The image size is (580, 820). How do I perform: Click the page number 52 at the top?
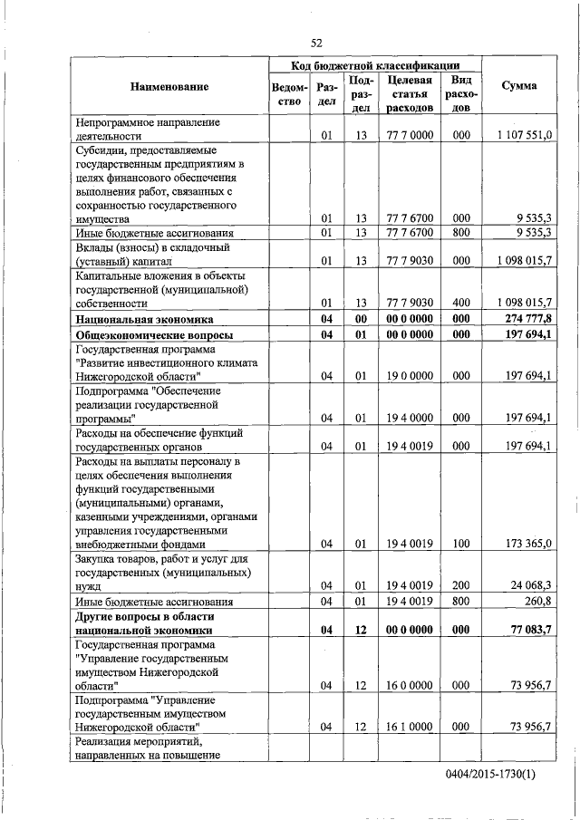pyautogui.click(x=316, y=43)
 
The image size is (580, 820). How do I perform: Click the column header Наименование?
pyautogui.click(x=169, y=87)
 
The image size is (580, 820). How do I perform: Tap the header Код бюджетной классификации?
pyautogui.click(x=374, y=66)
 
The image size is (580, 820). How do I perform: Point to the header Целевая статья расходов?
pyautogui.click(x=410, y=93)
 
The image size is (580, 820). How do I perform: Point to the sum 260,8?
pyautogui.click(x=537, y=601)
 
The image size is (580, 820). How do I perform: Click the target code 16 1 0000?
pyautogui.click(x=410, y=727)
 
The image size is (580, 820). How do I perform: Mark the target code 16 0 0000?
pyautogui.click(x=410, y=685)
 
